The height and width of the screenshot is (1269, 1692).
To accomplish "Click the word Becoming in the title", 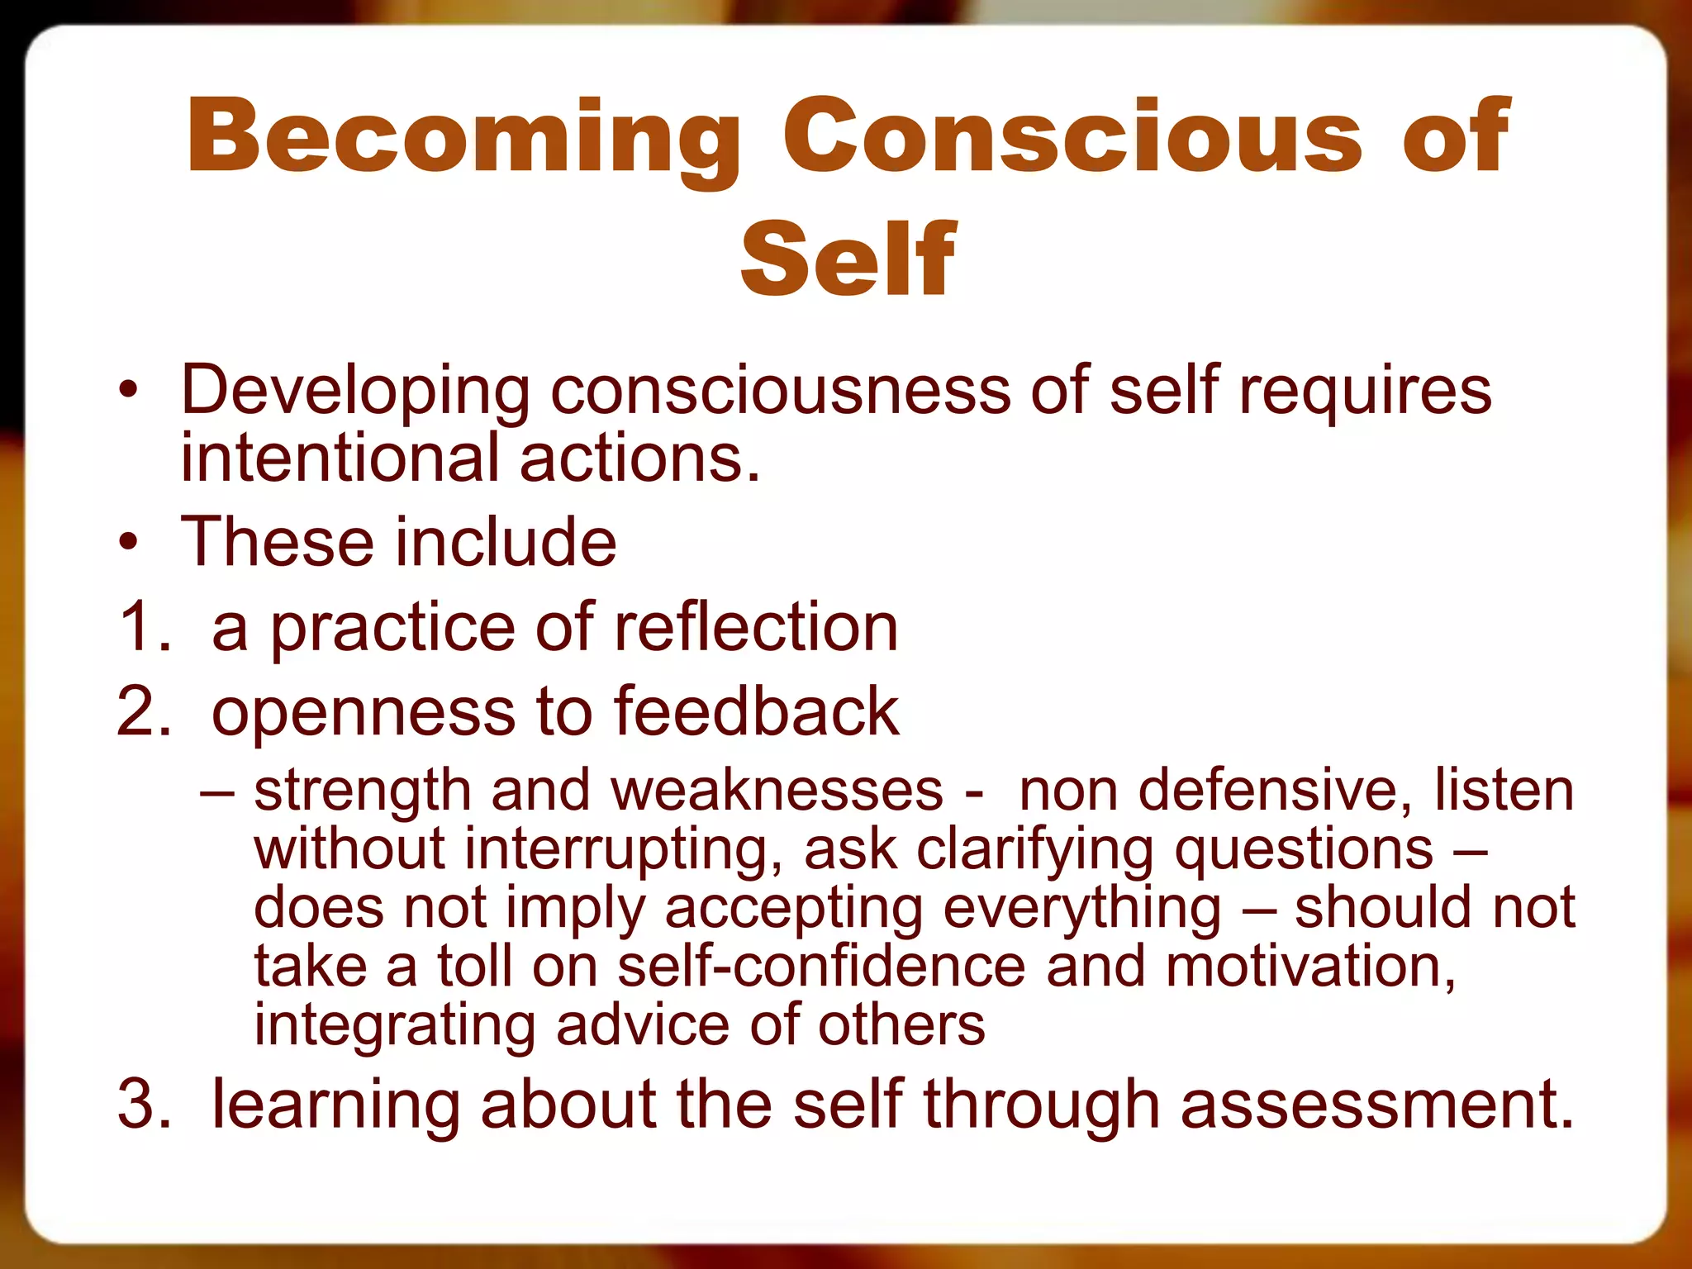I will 463,136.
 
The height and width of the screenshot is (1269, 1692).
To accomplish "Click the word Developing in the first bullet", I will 355,390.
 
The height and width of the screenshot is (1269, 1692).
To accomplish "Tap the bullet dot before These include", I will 128,543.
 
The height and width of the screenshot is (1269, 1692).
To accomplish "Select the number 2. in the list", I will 144,711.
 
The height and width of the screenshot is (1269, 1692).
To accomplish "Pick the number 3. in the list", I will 144,1104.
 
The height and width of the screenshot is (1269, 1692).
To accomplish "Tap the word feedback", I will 755,711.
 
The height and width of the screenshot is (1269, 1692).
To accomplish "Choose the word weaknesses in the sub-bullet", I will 777,790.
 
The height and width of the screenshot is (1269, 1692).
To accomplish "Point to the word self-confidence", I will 821,966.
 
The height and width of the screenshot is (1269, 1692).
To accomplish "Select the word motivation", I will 1310,966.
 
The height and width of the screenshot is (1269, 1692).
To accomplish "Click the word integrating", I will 395,1025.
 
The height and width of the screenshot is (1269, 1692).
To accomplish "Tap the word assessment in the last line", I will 1376,1104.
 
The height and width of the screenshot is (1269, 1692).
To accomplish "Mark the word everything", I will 1081,908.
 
